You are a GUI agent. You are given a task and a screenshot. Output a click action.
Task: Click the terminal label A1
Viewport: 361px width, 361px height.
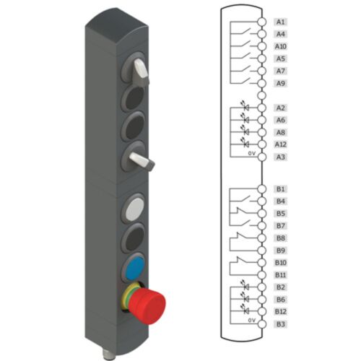coord(281,22)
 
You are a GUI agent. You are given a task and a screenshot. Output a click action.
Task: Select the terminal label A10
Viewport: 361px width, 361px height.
coord(282,46)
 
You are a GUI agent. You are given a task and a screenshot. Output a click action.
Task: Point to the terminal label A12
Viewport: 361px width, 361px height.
coord(282,144)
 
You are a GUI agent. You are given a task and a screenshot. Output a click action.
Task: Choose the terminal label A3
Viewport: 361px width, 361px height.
coord(281,157)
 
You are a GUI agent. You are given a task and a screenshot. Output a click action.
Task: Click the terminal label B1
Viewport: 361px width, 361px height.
coord(281,189)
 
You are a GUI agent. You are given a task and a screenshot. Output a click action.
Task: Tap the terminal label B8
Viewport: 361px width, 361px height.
coord(281,238)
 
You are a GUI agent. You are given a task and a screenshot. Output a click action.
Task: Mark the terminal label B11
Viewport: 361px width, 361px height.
coord(282,274)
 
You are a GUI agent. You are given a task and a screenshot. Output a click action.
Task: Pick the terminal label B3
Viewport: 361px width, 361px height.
coord(281,323)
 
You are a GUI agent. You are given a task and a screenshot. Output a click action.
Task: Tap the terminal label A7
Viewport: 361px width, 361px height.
coord(281,71)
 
